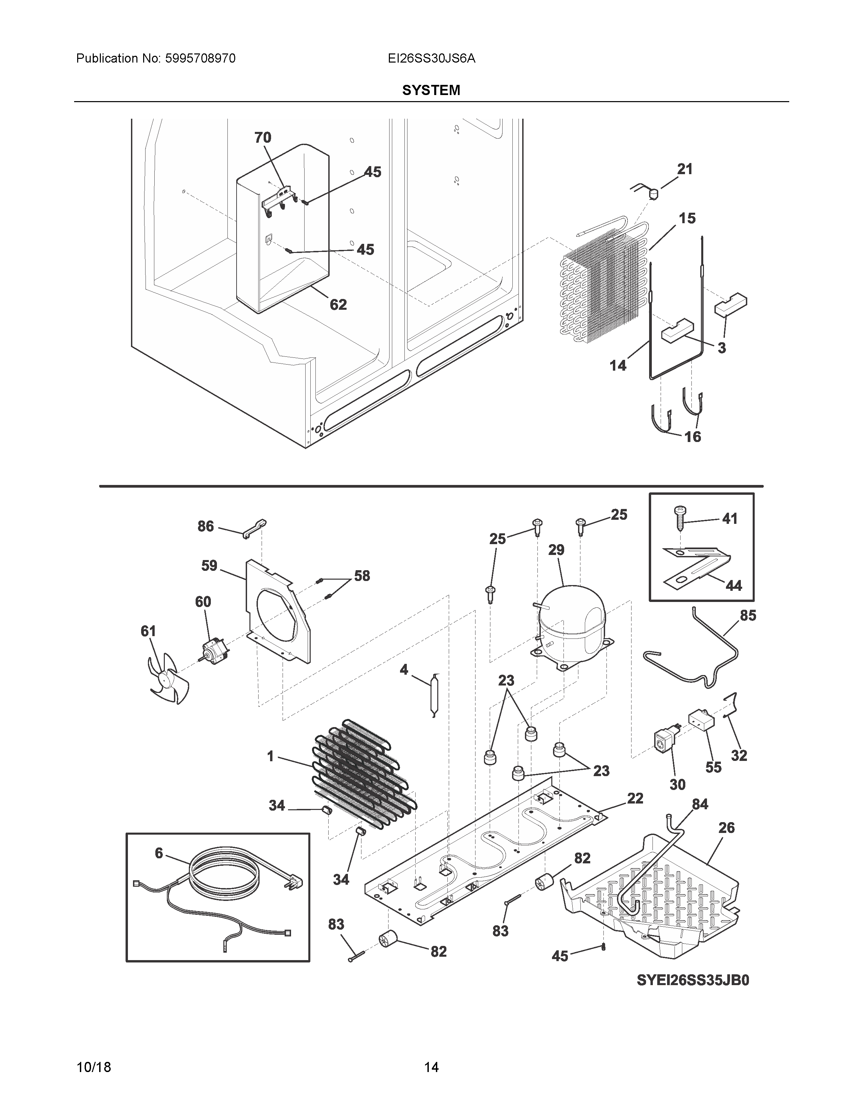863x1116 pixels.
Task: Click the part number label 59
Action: click(209, 566)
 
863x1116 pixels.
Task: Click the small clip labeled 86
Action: click(255, 528)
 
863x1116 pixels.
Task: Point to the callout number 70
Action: click(263, 137)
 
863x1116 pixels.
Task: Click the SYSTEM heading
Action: click(431, 90)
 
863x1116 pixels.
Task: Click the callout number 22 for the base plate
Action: click(635, 798)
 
